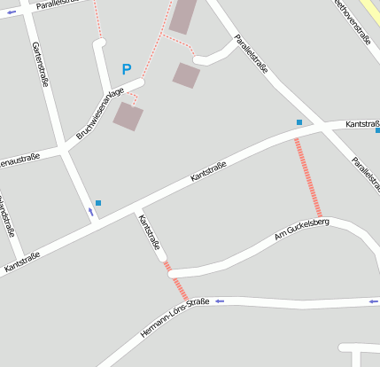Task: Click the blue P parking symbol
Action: (127, 68)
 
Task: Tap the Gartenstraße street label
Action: (40, 64)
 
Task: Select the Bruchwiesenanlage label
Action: (100, 114)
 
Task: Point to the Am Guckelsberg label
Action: (301, 229)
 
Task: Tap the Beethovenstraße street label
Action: (353, 20)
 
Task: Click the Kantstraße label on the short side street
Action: (148, 232)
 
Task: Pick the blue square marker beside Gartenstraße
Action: (98, 203)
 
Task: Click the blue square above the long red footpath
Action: (299, 122)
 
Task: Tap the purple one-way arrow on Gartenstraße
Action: (90, 212)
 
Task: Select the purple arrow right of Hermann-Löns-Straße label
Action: (220, 301)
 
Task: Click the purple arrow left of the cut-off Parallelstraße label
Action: (12, 12)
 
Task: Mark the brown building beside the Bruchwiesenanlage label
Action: (128, 116)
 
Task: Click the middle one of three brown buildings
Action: (186, 75)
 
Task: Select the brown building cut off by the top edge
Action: (183, 16)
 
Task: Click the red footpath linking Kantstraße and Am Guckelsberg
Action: (307, 177)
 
